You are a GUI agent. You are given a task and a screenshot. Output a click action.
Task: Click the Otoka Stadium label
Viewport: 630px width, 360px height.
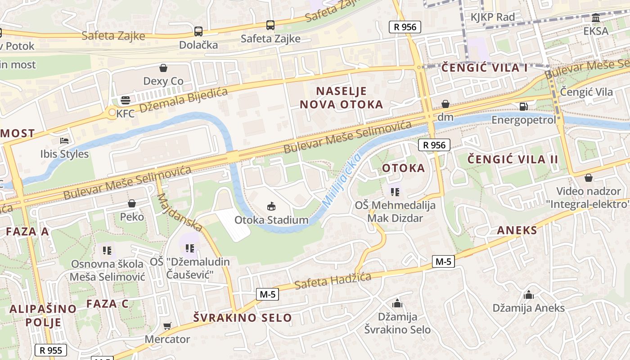271,220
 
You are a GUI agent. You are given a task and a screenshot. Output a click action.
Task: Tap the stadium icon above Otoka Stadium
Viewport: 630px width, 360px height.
271,207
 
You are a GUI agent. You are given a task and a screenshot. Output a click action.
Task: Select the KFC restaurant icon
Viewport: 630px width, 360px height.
125,100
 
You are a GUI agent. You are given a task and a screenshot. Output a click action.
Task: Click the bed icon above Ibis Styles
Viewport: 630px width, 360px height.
64,141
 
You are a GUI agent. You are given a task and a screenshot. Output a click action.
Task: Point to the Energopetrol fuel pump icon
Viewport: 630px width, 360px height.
523,107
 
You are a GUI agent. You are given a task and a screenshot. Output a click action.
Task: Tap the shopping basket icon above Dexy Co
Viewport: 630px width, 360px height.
163,68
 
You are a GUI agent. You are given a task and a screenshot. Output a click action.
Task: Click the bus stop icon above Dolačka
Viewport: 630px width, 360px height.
198,31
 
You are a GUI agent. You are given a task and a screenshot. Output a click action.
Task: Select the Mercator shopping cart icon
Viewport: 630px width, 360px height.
167,326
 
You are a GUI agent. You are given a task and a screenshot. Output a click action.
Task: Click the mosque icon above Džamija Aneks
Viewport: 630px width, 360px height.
528,295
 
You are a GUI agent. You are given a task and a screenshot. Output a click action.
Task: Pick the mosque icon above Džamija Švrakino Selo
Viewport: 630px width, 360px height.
397,303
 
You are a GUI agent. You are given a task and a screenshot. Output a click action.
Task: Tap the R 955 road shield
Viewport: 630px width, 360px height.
51,350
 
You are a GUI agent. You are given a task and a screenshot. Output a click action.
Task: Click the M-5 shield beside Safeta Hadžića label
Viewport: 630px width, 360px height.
267,294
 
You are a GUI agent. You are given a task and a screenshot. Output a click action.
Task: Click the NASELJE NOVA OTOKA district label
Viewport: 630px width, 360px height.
341,98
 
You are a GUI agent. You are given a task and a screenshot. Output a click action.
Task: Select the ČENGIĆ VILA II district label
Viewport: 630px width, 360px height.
513,159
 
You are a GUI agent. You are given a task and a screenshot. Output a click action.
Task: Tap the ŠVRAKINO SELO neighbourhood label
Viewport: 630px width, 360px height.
243,318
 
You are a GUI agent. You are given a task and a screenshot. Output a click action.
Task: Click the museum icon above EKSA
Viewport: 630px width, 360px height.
596,18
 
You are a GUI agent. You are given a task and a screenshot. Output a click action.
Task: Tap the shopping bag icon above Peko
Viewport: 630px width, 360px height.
132,203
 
